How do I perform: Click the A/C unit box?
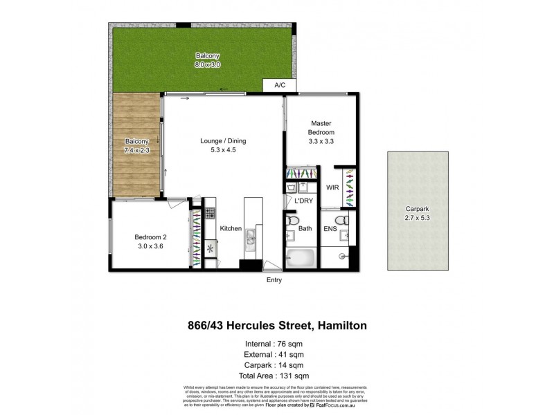pos(279,86)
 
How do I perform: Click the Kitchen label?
pos(230,228)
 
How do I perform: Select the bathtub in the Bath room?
pos(300,257)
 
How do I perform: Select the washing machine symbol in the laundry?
pos(292,187)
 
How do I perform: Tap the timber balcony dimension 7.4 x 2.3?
pos(137,149)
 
